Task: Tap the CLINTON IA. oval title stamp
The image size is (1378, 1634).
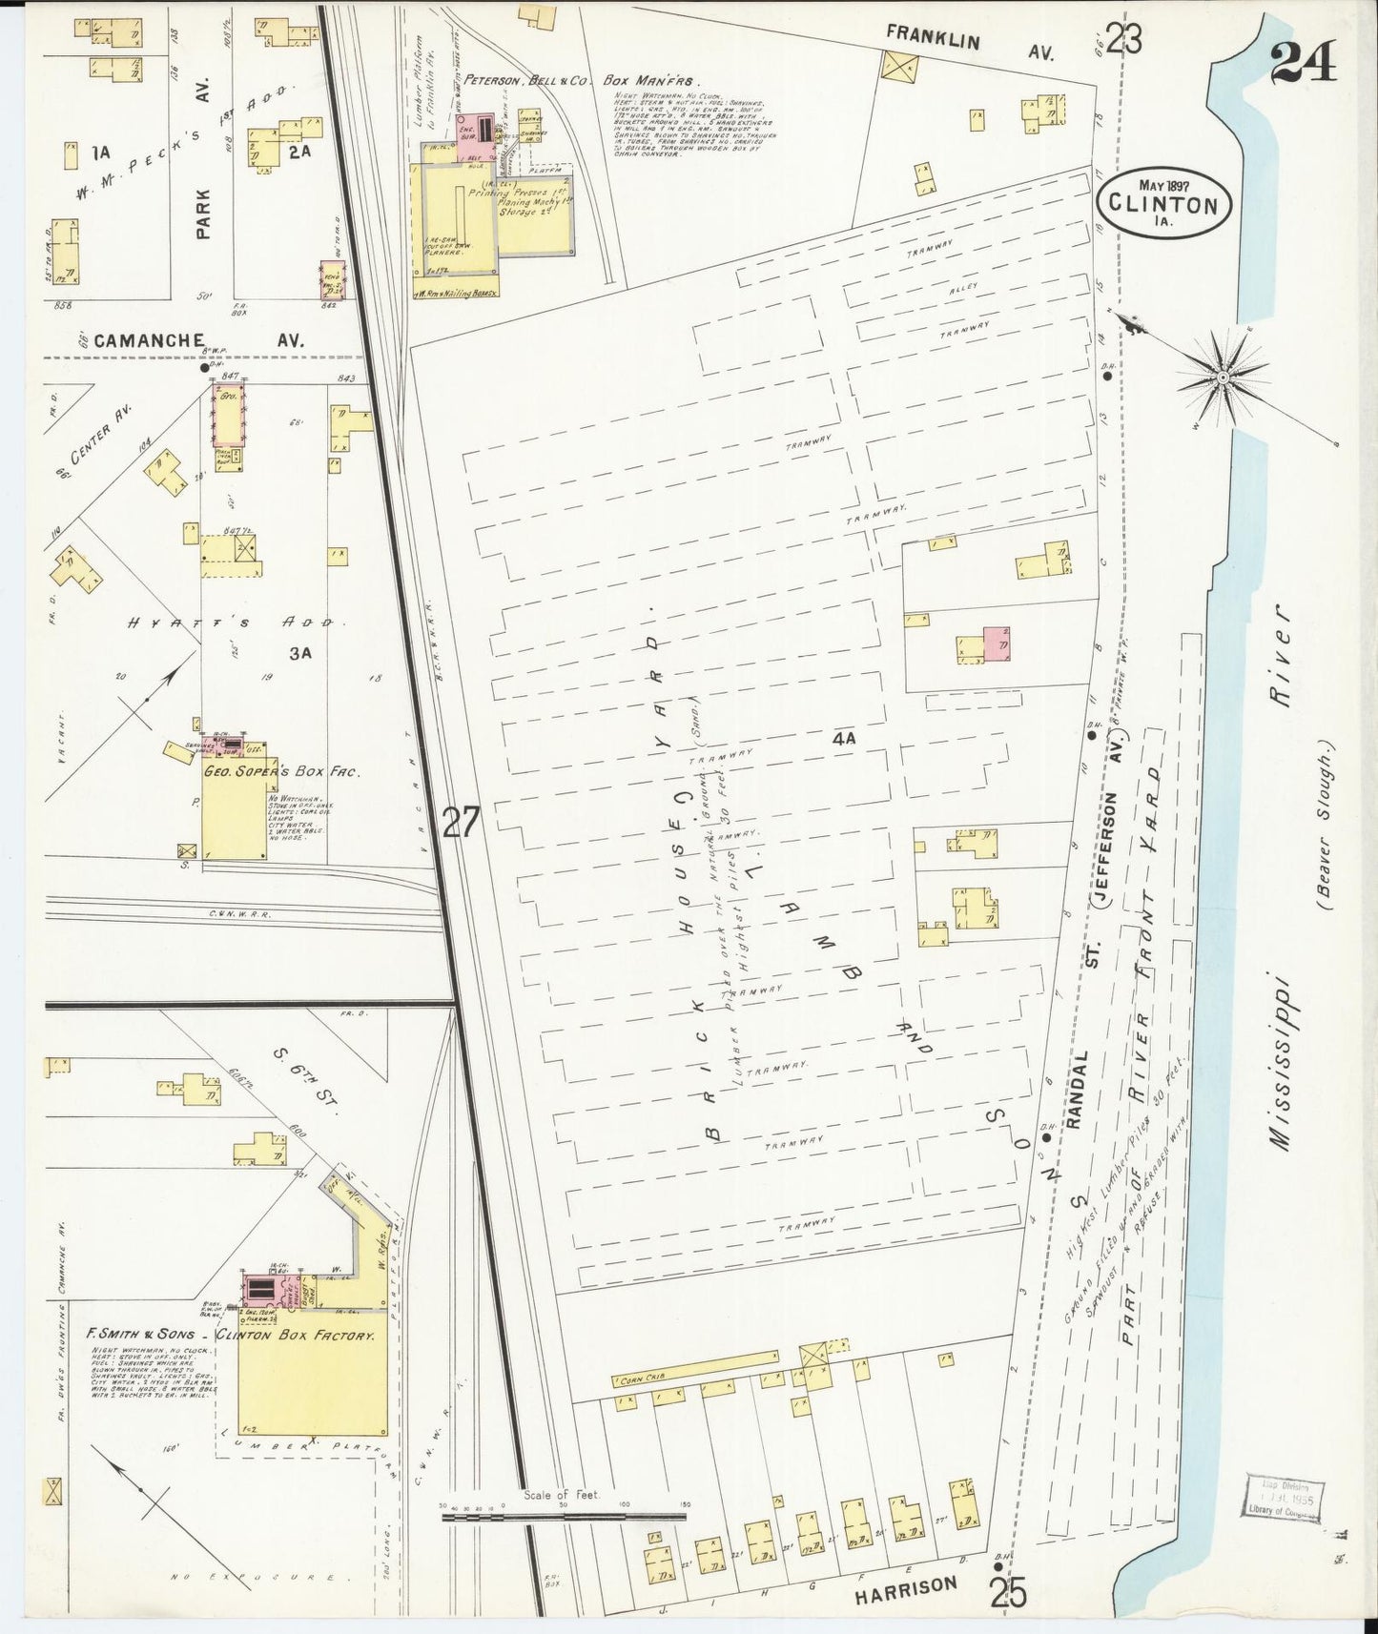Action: coord(1163,204)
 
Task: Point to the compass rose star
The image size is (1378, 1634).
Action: coord(1222,379)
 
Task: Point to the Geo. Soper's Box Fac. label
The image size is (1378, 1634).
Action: coord(278,772)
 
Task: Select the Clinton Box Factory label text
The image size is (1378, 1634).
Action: coord(295,1337)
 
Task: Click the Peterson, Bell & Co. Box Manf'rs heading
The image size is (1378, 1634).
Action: coord(582,83)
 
